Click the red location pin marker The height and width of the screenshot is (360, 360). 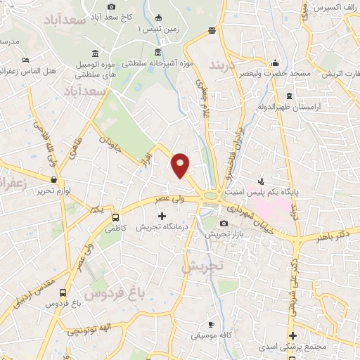click(x=181, y=165)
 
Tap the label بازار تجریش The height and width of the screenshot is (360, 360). click(x=223, y=234)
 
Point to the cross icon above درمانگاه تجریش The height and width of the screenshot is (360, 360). click(x=162, y=214)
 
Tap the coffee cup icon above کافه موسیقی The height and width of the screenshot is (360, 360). click(x=211, y=324)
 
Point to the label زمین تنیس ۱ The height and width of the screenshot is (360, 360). click(x=150, y=28)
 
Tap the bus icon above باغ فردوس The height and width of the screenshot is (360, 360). click(x=65, y=292)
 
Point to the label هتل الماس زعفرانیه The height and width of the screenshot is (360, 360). click(x=29, y=71)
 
